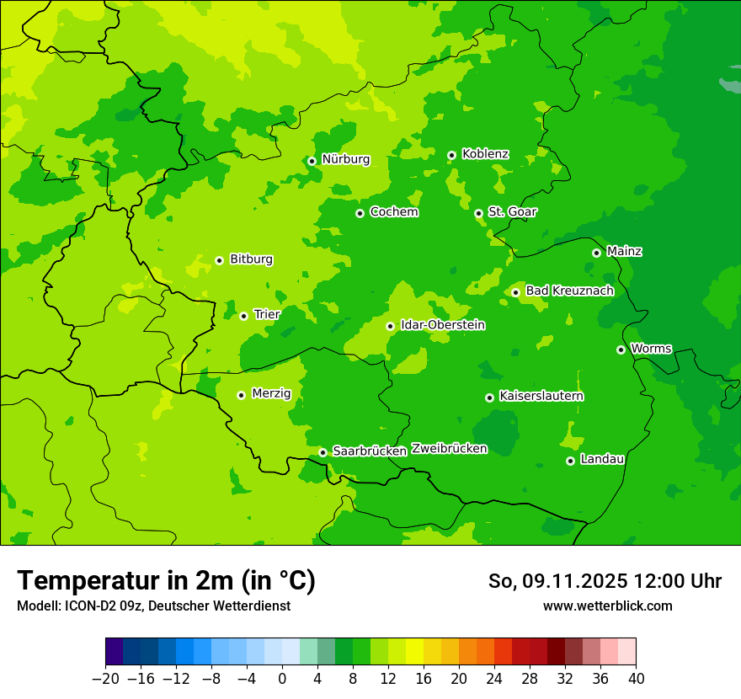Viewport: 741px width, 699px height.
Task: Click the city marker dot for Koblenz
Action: coord(451,155)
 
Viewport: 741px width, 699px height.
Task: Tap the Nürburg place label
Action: coord(345,159)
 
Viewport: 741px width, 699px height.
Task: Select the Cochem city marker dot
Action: coord(360,213)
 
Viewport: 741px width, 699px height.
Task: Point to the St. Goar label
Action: coord(512,211)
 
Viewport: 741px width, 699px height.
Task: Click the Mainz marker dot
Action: coord(596,253)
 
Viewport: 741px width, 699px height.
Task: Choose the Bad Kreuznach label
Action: coord(569,291)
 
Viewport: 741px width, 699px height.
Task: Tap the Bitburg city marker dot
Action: coord(219,260)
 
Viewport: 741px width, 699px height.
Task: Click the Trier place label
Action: coord(267,314)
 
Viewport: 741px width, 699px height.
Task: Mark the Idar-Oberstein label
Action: coord(442,325)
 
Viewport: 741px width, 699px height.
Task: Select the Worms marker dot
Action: coord(621,349)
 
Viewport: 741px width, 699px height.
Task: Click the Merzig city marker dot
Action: coord(241,395)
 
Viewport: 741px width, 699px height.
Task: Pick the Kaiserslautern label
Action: coord(541,396)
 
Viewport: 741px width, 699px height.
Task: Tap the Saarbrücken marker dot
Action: coord(323,452)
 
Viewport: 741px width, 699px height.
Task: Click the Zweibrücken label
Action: coord(449,449)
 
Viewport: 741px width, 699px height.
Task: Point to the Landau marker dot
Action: coord(570,461)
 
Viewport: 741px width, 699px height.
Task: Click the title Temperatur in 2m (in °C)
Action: coord(166,580)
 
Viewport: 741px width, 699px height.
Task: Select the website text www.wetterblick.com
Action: coord(607,606)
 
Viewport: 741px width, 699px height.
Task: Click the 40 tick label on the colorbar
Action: coord(636,679)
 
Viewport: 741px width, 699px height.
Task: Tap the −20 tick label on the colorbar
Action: coord(105,679)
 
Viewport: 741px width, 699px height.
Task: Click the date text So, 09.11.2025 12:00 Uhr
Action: coord(605,581)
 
